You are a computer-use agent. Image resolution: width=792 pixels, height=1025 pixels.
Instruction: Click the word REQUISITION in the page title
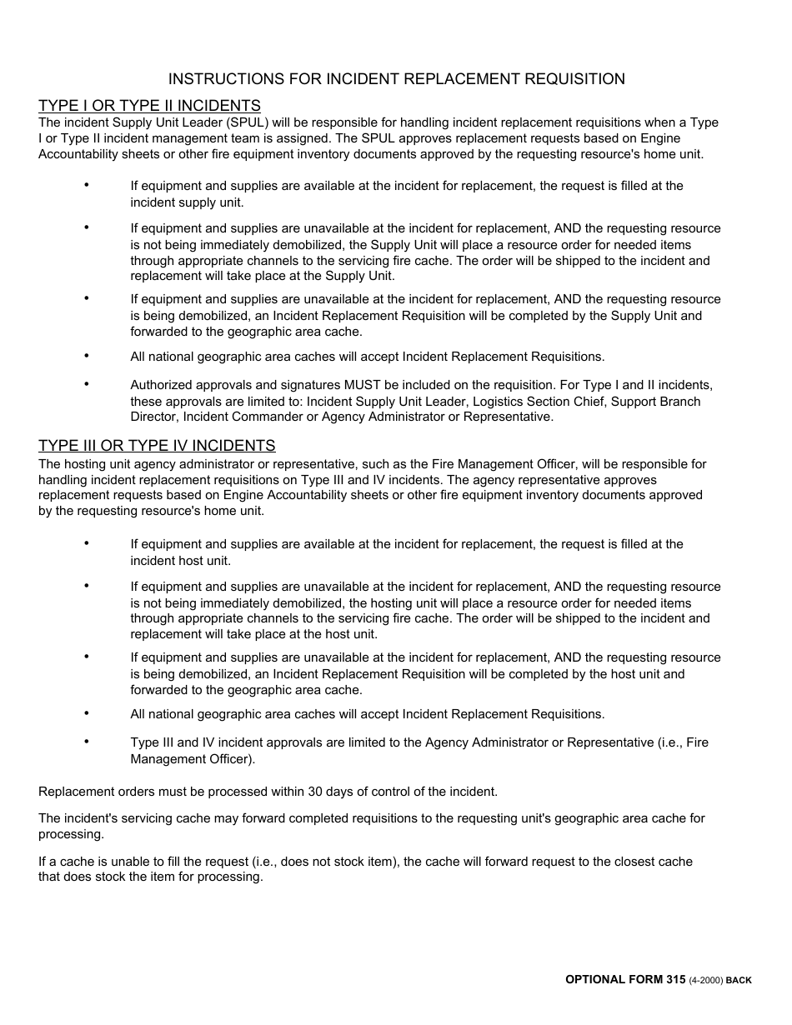(x=571, y=79)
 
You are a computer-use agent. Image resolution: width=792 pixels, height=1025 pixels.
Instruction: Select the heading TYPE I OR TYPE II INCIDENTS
(x=149, y=106)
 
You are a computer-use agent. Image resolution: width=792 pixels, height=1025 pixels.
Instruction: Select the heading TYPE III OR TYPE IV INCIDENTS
(x=157, y=446)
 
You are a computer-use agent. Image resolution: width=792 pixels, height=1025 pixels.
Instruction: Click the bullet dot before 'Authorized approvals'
(x=86, y=383)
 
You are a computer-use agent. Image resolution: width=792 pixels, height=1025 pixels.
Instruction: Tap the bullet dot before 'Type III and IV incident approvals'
(x=86, y=741)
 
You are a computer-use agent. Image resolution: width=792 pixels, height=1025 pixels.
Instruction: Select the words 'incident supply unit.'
(x=188, y=202)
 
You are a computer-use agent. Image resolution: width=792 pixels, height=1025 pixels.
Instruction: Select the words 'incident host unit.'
(x=181, y=561)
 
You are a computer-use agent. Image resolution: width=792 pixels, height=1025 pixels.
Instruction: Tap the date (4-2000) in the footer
(x=706, y=981)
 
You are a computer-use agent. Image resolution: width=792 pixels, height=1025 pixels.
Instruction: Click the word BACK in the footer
(x=739, y=981)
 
